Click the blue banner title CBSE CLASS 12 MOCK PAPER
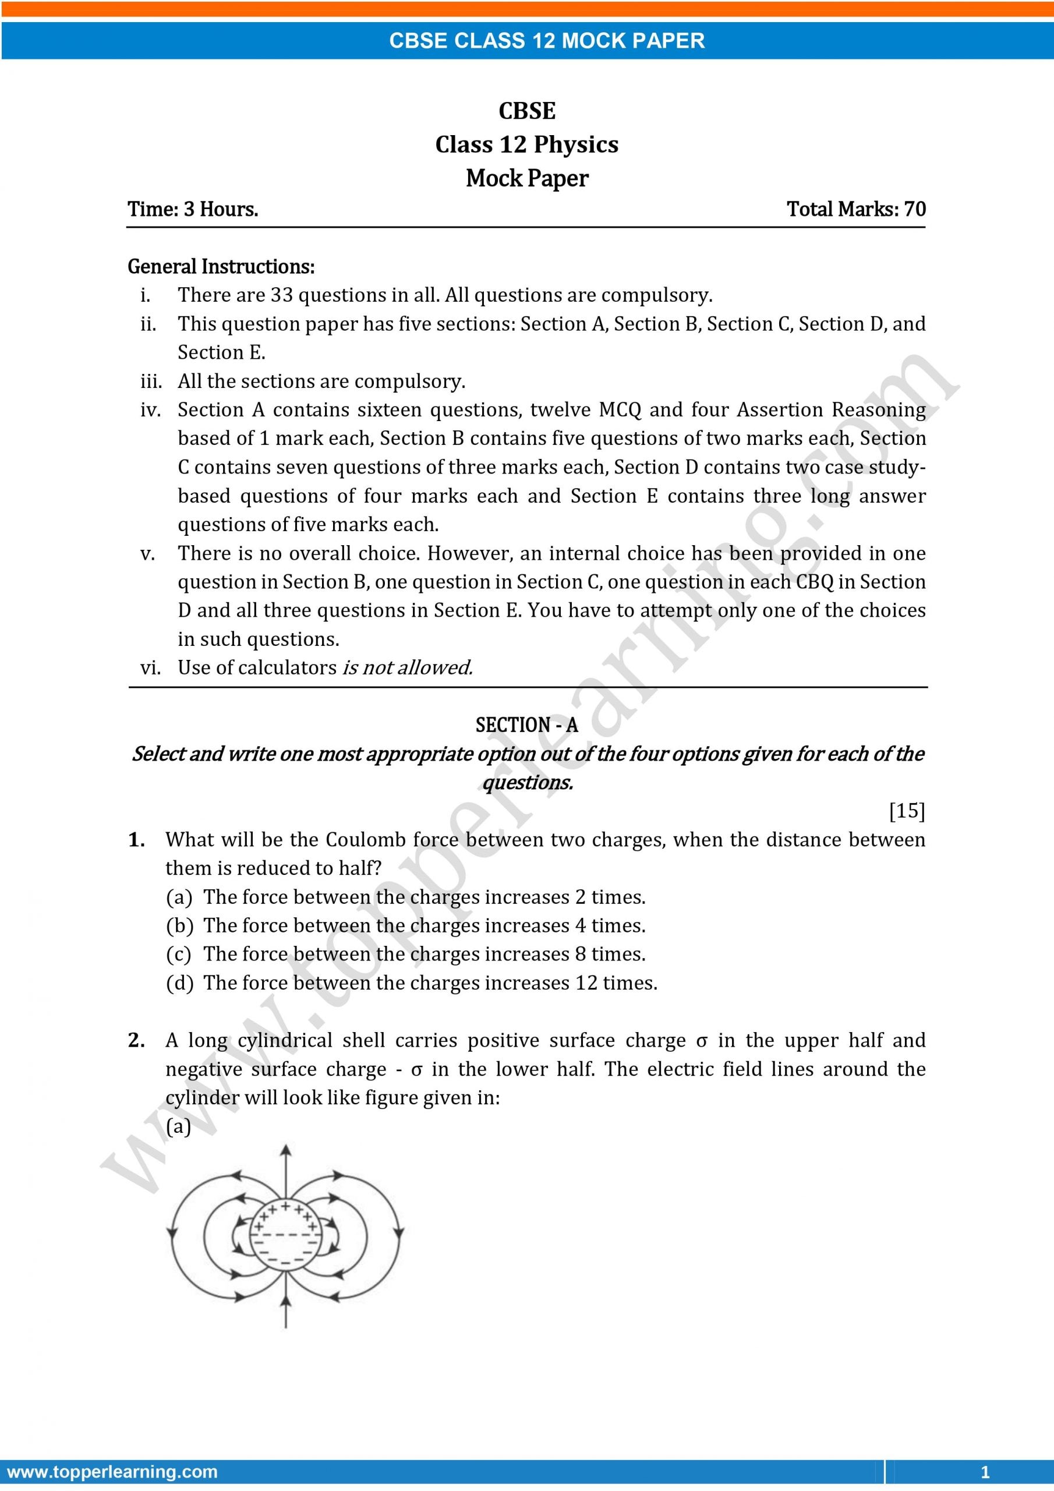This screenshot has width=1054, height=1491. pos(546,41)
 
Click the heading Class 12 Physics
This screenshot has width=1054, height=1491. pos(526,144)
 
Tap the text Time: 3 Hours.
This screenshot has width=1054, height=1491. pos(193,209)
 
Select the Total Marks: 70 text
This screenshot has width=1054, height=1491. pos(855,209)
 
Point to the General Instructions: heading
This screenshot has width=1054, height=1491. pos(221,266)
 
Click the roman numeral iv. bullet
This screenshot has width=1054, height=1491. pos(150,410)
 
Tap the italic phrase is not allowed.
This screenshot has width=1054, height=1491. pos(407,667)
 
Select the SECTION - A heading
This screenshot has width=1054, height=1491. pos(526,725)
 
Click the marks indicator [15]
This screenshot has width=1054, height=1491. pos(907,810)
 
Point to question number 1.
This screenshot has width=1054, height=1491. pos(136,840)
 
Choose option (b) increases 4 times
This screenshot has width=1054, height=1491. pos(406,925)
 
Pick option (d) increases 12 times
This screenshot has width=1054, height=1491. pos(412,983)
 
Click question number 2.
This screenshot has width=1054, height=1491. pos(136,1040)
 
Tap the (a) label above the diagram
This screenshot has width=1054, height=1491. pos(178,1126)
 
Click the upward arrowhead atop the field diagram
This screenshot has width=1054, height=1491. pos(285,1151)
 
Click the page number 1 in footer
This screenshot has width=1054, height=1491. pos(985,1472)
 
